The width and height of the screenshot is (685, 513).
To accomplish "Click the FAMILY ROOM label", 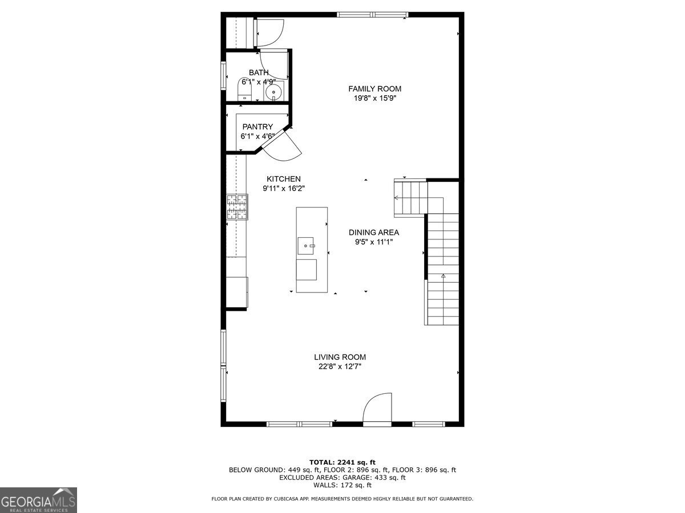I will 374,88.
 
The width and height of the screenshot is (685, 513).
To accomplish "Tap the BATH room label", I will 259,72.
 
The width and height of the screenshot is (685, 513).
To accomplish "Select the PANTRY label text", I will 257,127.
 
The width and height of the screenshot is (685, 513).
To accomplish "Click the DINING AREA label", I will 374,233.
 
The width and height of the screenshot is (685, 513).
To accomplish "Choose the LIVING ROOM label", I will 340,357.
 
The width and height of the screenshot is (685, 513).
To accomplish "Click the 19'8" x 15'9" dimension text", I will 374,98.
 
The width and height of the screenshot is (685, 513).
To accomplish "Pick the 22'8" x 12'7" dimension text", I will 340,367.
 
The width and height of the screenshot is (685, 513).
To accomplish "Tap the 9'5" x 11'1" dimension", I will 374,242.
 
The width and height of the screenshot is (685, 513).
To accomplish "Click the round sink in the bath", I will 275,92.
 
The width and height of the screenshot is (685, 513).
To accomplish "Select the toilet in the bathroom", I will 244,90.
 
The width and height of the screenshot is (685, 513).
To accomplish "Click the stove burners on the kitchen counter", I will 238,206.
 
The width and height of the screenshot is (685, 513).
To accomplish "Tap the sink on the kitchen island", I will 307,246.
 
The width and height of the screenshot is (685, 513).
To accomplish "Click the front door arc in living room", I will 378,408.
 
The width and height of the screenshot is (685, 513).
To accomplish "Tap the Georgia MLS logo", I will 38,500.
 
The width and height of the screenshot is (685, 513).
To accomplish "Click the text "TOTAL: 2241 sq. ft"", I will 342,462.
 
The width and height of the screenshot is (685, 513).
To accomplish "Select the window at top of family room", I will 372,15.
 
